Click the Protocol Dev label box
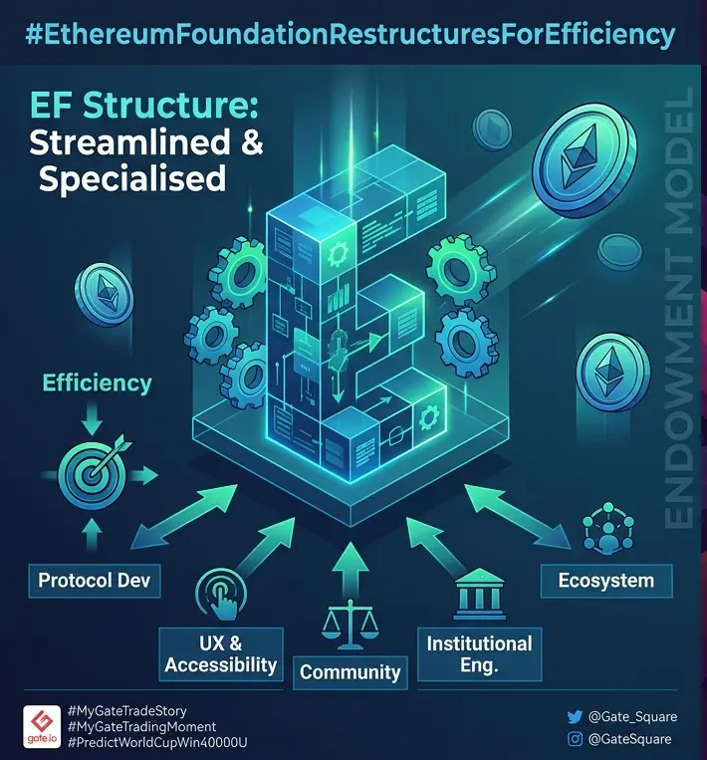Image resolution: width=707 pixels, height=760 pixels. pos(95,580)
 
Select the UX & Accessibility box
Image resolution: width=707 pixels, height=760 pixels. pos(221,653)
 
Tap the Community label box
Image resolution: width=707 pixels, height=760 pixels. pos(350,672)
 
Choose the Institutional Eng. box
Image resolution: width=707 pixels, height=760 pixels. pos(480,653)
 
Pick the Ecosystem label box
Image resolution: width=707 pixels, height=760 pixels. pos(606,580)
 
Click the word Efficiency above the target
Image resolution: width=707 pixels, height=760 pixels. pos(97,382)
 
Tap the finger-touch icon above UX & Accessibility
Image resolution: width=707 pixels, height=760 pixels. pos(221,595)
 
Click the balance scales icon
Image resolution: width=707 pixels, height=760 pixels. pos(350,625)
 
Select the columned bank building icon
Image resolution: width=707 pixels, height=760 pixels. pos(479,594)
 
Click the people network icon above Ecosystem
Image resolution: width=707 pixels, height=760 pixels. pos(608,528)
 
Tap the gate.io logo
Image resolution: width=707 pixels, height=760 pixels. pos(42,726)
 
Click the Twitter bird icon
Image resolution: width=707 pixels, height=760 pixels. pos(575,717)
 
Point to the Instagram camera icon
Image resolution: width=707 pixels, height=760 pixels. pos(575,739)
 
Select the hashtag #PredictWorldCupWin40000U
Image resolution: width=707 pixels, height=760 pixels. pos(158,742)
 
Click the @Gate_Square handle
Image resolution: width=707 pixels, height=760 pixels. pos(632,716)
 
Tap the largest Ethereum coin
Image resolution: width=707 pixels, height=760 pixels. pos(585,160)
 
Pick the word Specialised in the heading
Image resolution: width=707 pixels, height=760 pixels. pos(132,179)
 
